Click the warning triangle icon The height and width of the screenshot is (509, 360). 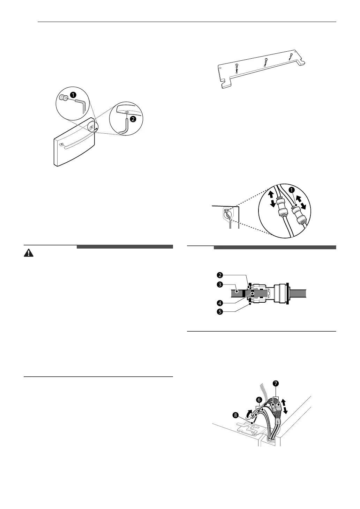point(27,253)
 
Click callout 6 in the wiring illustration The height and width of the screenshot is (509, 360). point(258,399)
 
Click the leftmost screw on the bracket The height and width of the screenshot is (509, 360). point(237,66)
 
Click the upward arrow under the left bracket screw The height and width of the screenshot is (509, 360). point(237,71)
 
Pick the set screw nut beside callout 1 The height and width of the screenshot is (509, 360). point(64,98)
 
